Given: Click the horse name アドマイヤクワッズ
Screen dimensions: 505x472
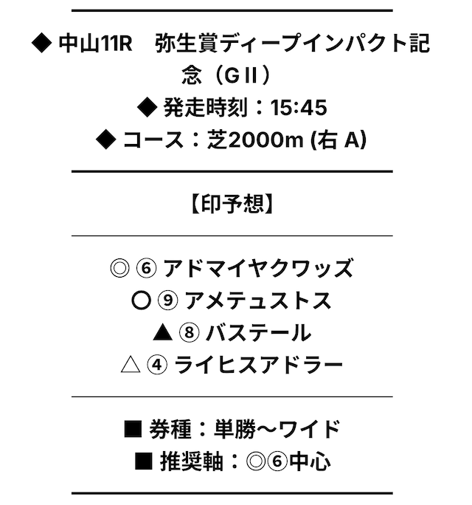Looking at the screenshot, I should [259, 268].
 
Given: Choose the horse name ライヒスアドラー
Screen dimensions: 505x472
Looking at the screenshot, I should [259, 365].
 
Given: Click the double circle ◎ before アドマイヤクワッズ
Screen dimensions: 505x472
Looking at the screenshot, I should [119, 268].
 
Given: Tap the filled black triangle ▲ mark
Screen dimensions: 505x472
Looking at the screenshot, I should [162, 333].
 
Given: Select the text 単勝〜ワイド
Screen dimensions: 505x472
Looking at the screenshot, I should [277, 430].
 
